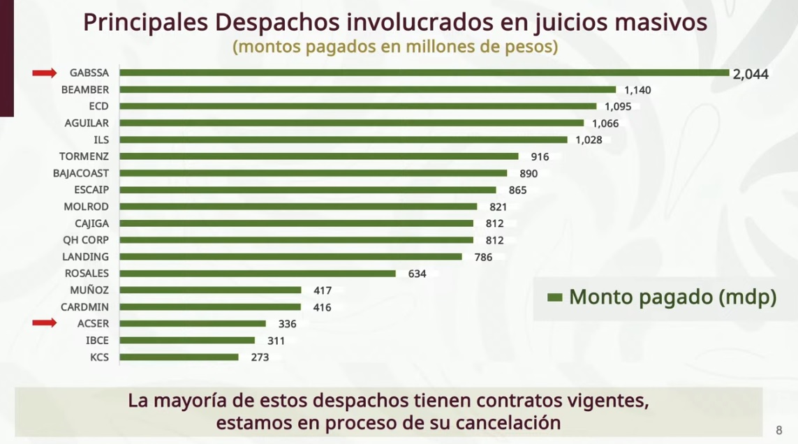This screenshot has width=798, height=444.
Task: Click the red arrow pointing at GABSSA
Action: (45, 73)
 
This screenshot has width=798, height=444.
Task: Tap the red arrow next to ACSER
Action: (45, 323)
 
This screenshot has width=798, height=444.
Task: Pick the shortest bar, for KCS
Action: (179, 357)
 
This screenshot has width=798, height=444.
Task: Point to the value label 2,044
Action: (751, 74)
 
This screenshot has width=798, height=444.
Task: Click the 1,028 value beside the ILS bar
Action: (589, 140)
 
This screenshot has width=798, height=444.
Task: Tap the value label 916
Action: (540, 156)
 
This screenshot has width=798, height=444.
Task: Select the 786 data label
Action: (483, 257)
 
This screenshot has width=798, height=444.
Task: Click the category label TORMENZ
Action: (84, 156)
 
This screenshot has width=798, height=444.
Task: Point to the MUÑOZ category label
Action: (89, 290)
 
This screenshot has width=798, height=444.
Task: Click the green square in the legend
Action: (555, 297)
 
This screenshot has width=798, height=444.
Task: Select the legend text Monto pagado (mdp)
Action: (672, 297)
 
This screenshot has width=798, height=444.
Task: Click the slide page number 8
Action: (779, 430)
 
